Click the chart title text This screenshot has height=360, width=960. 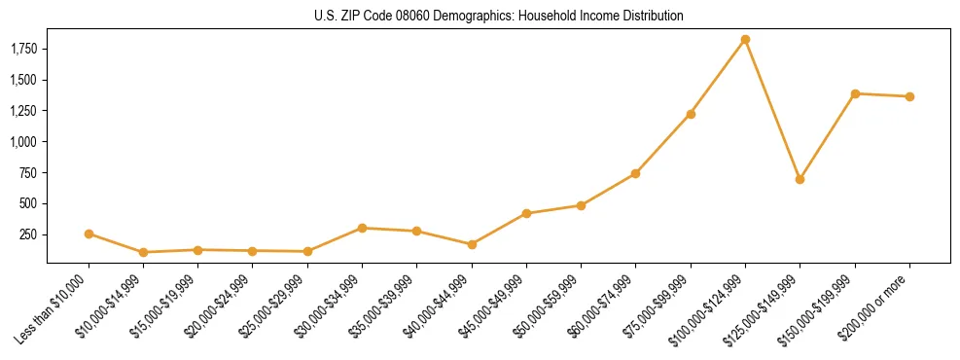click(x=499, y=16)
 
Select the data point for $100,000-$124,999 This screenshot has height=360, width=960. click(x=745, y=40)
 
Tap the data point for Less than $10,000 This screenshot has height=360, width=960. click(x=89, y=234)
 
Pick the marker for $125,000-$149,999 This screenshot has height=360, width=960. click(x=800, y=179)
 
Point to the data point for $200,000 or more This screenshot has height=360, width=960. click(x=909, y=96)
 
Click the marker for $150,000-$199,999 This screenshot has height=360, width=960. click(x=855, y=93)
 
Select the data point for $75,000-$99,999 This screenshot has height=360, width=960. click(x=691, y=114)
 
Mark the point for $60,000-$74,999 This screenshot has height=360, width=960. click(x=635, y=173)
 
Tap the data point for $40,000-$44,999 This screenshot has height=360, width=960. click(x=472, y=244)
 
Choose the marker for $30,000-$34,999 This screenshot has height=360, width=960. click(x=362, y=228)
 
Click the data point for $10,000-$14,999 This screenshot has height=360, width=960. click(x=143, y=252)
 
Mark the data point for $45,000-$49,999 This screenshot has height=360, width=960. click(x=526, y=213)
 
